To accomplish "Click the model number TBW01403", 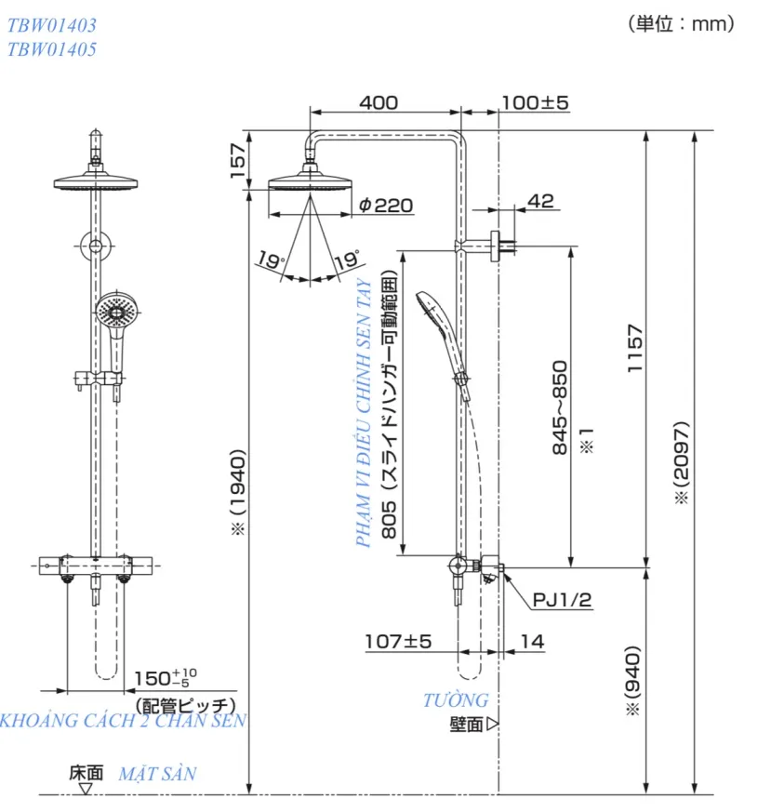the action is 52,25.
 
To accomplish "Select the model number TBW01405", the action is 52,49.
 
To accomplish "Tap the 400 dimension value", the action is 379,102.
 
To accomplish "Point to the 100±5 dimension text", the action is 536,102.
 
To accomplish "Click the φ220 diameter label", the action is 386,206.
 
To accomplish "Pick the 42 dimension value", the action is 540,201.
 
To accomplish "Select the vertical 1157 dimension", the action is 635,348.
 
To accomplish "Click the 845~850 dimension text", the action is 560,407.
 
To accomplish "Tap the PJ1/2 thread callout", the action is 562,600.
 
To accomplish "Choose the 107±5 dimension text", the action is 398,642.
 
